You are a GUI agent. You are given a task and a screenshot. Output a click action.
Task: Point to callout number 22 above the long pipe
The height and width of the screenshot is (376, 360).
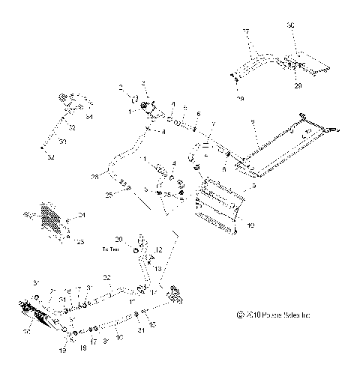pos(106,278)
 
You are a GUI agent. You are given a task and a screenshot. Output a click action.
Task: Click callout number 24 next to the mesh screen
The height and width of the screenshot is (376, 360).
pos(82,216)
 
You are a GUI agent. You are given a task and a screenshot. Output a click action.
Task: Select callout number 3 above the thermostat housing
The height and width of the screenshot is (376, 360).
pos(144,82)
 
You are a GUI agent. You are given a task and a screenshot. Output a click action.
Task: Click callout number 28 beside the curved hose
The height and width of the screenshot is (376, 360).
pos(94,178)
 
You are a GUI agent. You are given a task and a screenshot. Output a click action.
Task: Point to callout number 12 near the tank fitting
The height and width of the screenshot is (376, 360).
pos(159,249)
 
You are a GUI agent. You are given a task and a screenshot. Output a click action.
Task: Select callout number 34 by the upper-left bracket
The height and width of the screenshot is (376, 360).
pos(90,116)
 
